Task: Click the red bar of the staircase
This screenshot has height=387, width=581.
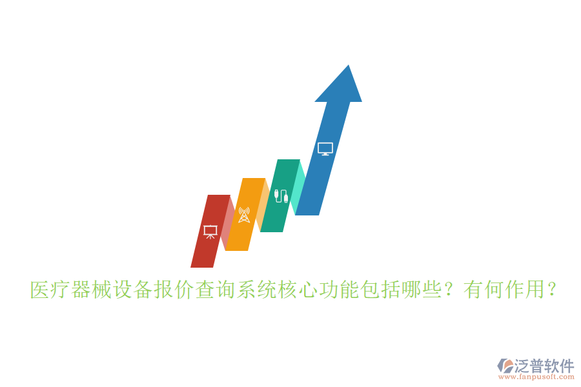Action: [x=205, y=248]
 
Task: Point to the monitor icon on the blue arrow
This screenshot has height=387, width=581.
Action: [x=325, y=149]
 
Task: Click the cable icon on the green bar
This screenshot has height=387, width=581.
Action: [x=281, y=196]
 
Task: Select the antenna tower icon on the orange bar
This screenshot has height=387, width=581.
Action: [x=243, y=215]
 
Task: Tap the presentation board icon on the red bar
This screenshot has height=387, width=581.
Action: [x=210, y=232]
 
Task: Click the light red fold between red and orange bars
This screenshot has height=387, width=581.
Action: [x=227, y=223]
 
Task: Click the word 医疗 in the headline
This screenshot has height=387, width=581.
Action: [x=50, y=290]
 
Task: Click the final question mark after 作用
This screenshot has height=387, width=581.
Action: [x=551, y=290]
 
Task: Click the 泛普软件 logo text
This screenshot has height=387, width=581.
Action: [x=544, y=366]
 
